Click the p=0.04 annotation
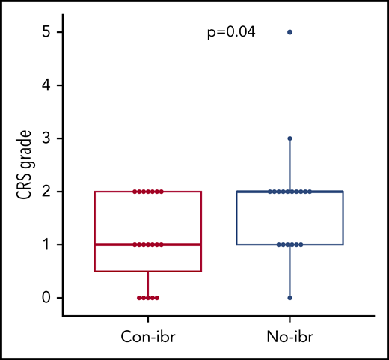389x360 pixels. pos(231,32)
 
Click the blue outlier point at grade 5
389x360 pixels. pos(290,32)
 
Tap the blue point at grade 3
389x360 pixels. pos(290,138)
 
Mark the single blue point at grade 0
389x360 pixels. pos(290,298)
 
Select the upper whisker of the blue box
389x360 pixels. pos(290,165)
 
